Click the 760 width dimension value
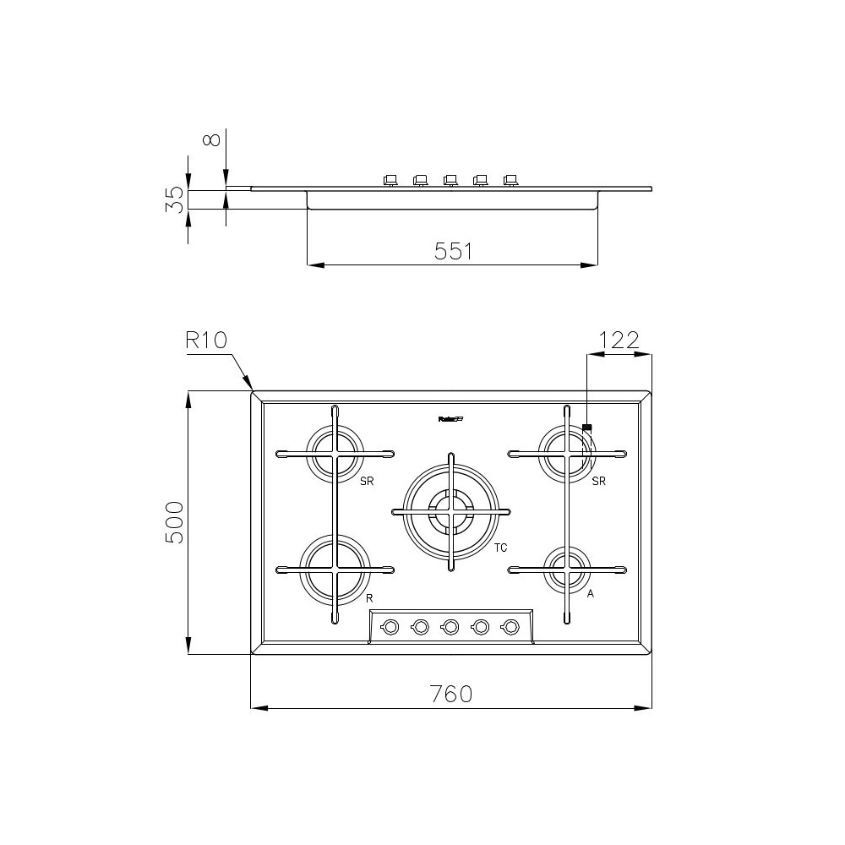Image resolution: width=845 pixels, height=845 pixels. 450,694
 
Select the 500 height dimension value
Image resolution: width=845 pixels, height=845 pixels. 173,522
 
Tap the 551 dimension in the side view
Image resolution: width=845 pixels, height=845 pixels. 453,251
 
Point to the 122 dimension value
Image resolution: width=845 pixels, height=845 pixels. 619,340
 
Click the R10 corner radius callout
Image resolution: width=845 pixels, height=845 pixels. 206,341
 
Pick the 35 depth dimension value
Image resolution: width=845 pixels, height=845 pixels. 173,199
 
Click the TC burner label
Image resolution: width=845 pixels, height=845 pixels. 501,548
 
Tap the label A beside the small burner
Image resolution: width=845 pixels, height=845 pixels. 591,594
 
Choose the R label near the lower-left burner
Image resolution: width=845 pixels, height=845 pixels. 369,597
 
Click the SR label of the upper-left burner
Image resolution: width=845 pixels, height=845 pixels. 366,482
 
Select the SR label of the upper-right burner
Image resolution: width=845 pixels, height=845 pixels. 599,482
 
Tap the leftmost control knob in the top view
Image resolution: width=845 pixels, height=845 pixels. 390,626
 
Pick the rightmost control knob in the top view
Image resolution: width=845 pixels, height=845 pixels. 510,626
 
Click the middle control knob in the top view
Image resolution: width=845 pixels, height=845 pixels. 450,626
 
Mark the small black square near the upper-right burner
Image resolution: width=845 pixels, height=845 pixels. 586,428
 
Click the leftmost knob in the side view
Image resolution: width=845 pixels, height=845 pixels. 390,179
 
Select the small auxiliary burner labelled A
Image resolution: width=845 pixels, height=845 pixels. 565,570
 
